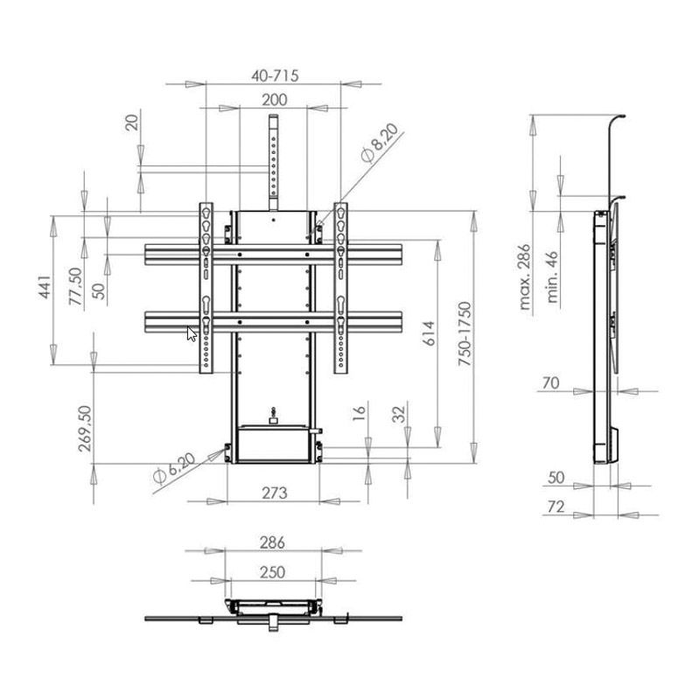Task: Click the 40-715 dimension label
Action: pos(275,75)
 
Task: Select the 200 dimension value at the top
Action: pos(274,100)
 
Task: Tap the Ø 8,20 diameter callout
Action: pos(380,143)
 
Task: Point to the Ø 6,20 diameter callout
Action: pos(174,468)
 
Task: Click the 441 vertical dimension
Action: pos(45,287)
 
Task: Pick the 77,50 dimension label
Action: pos(76,286)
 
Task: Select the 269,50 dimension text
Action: pos(85,429)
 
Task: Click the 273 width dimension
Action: pos(274,493)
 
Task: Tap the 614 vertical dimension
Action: pos(430,333)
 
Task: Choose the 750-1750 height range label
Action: pos(465,334)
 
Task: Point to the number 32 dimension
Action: pos(399,414)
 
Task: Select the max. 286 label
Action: pos(525,276)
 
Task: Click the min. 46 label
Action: pos(552,277)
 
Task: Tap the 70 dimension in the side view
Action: pos(550,382)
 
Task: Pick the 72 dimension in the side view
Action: pos(556,507)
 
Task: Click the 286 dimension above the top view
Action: pos(272,542)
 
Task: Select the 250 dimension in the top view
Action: pos(272,572)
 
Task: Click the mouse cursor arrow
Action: pos(192,334)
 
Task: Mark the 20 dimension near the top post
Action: pos(132,122)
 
